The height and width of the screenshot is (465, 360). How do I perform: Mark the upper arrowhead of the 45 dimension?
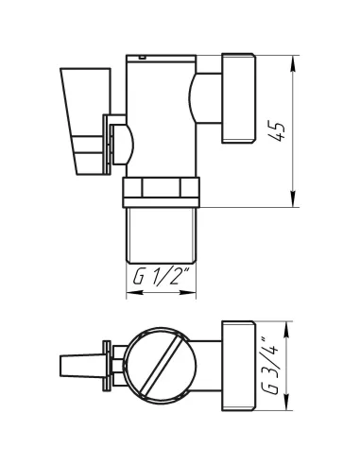coord(293,60)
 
